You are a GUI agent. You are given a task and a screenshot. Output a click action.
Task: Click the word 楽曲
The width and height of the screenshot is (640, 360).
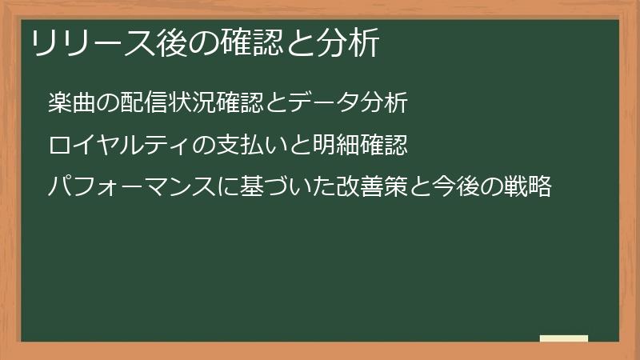(x=71, y=103)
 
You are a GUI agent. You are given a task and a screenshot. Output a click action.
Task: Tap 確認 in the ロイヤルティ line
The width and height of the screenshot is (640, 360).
(x=385, y=146)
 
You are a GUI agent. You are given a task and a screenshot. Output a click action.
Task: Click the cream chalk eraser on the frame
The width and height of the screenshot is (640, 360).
(x=564, y=338)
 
